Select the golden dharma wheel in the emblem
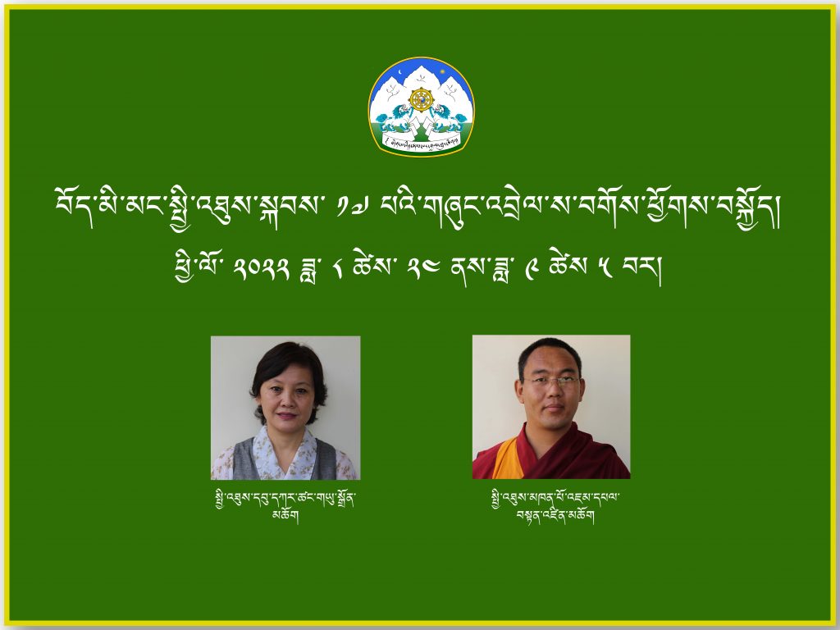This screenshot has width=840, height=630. [x=421, y=99]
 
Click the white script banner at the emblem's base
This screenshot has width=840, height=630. [x=421, y=141]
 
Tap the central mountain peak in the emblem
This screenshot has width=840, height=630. [x=421, y=80]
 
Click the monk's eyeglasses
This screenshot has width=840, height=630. [x=552, y=382]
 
